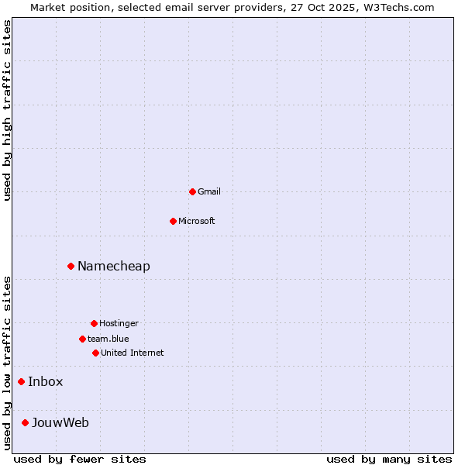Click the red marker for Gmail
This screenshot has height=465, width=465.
(192, 191)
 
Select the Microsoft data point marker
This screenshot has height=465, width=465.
(173, 221)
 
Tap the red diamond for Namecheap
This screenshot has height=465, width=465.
(71, 266)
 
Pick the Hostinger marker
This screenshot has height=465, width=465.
(94, 323)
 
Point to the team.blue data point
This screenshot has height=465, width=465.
(82, 339)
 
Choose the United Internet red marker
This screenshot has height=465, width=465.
(95, 353)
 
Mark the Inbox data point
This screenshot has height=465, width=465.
(21, 381)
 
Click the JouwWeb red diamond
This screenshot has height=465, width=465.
(25, 422)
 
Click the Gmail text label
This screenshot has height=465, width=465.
(209, 191)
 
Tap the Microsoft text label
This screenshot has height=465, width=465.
(197, 221)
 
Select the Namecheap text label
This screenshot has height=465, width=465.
(114, 266)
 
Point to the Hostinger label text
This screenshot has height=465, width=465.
(119, 323)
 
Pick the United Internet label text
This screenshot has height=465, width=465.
(133, 353)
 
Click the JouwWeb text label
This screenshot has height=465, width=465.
(60, 422)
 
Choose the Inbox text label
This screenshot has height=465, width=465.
(46, 381)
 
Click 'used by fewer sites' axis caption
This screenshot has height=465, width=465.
(80, 459)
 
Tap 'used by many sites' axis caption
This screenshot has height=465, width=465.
(389, 459)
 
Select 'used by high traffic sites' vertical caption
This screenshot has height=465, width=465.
(8, 110)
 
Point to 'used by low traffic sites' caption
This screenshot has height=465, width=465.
(8, 363)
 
